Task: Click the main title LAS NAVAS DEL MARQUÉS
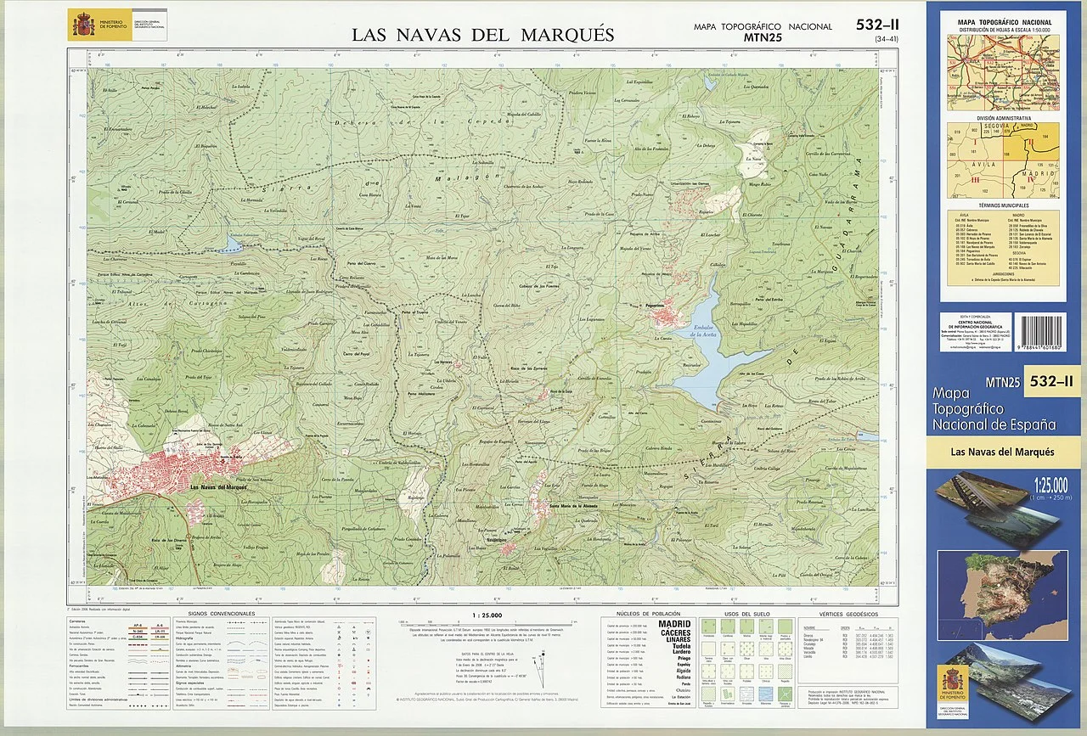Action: [483, 35]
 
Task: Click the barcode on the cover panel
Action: [1048, 337]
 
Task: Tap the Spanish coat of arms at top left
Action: [83, 24]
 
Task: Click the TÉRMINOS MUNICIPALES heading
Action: [1003, 205]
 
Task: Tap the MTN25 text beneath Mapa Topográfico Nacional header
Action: [762, 37]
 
